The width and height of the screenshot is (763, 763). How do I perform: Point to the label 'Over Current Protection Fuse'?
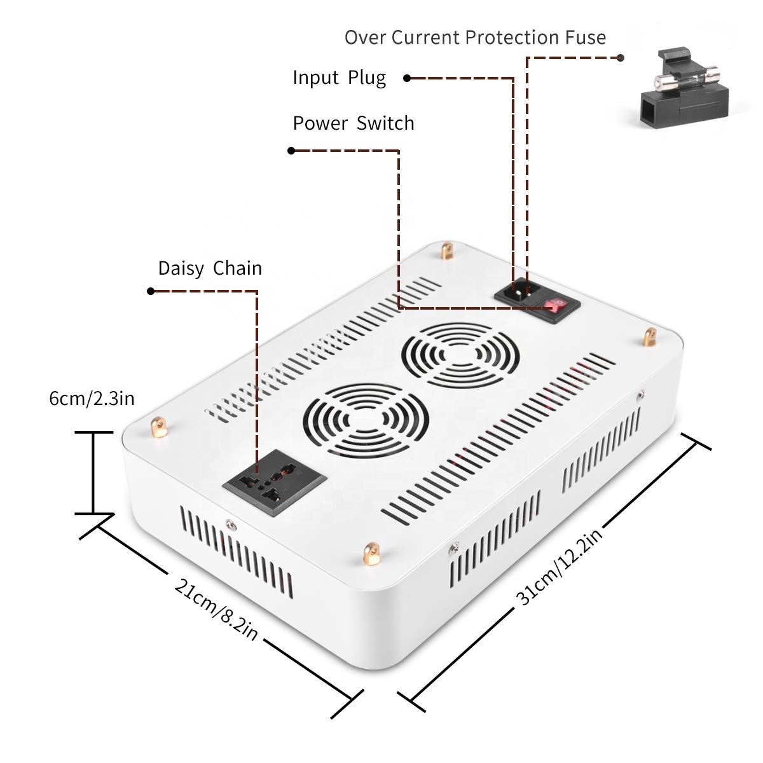475,38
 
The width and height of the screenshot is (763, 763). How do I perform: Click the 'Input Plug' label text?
339,78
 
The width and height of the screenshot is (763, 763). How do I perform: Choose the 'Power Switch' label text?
353,123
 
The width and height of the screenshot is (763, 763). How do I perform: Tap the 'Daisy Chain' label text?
210,268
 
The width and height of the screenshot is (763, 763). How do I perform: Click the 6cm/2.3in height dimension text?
92,399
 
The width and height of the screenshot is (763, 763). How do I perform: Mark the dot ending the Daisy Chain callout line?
151,291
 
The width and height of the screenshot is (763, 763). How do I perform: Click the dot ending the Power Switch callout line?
291,151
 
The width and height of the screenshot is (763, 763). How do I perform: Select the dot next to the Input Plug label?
407,78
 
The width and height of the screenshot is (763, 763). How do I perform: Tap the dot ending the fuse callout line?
621,57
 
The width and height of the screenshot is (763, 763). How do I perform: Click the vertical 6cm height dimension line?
93,472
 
